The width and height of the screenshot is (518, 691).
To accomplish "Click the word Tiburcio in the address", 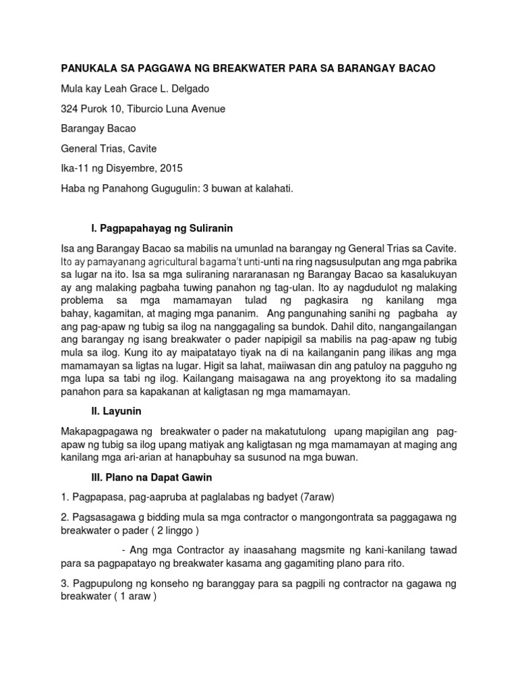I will pos(151,108).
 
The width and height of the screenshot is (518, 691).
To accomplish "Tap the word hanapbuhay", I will pos(229,458).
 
